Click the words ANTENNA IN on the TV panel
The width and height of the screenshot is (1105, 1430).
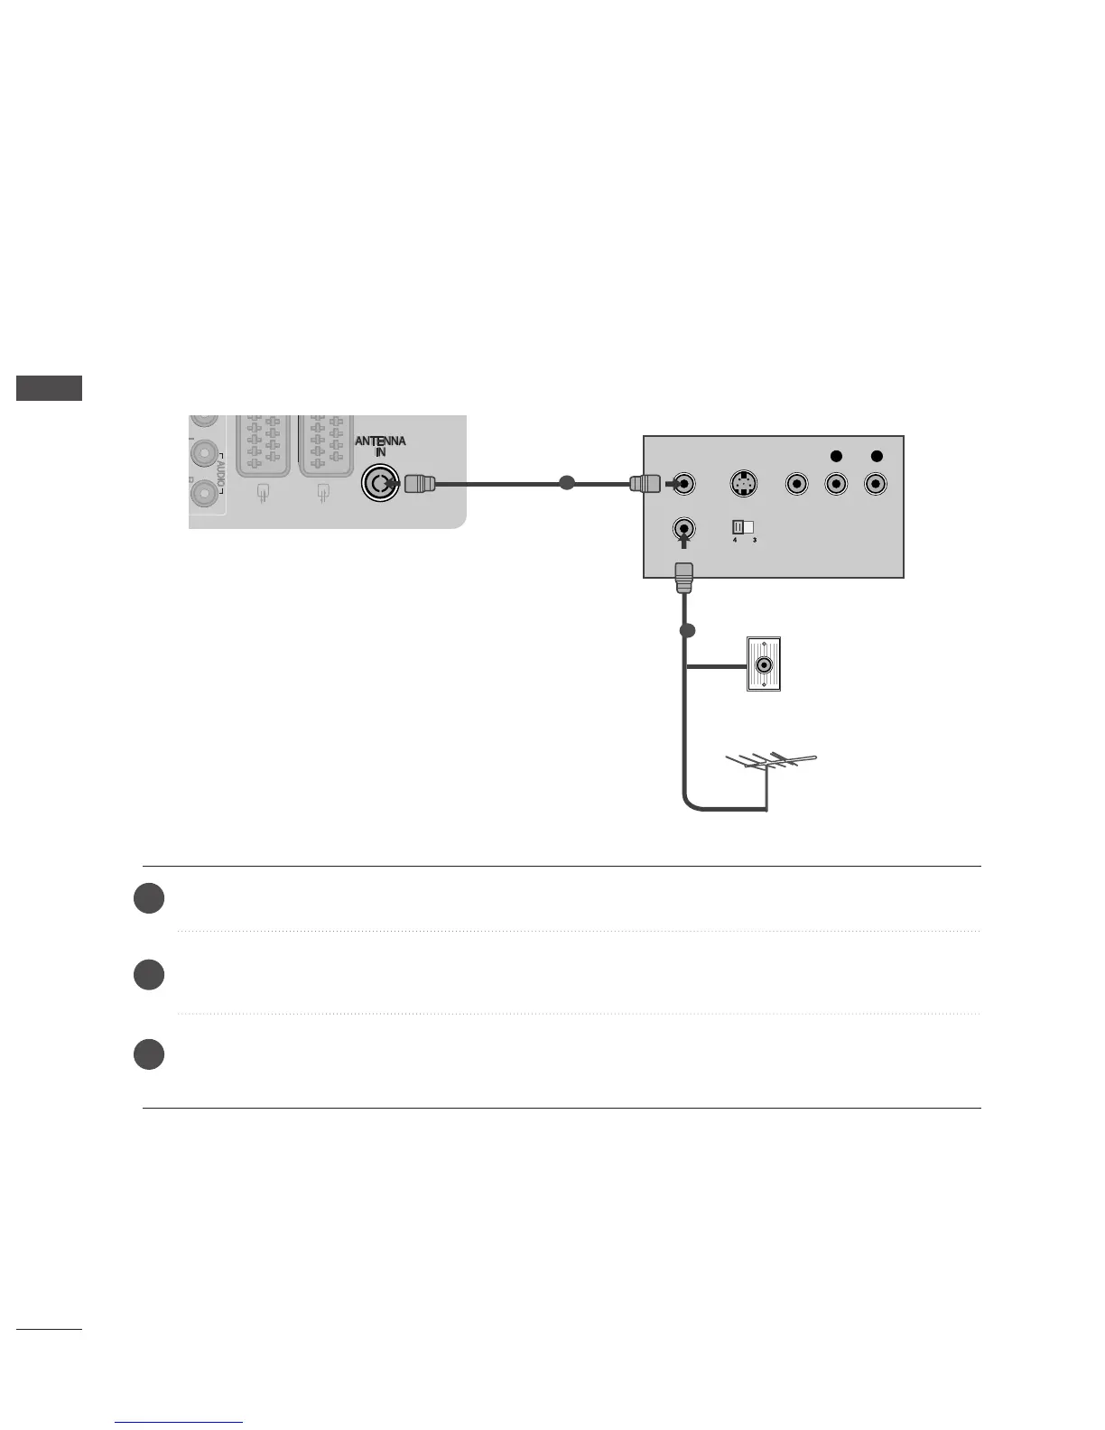click(380, 446)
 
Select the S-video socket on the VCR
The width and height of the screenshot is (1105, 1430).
click(742, 484)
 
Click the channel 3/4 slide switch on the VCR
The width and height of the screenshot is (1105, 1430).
click(742, 526)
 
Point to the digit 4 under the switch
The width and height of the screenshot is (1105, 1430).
click(735, 540)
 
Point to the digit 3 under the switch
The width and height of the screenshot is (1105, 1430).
click(754, 540)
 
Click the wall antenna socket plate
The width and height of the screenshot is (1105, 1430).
click(764, 664)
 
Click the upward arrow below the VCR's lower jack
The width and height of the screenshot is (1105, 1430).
click(684, 540)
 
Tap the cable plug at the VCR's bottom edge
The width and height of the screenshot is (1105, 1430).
click(683, 577)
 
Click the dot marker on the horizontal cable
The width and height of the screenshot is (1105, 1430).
click(567, 483)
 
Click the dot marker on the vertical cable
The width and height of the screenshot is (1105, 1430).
click(687, 630)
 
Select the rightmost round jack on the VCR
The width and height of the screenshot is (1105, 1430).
click(875, 484)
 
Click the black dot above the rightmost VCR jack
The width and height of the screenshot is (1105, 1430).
click(876, 457)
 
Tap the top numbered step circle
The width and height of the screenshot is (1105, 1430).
click(149, 898)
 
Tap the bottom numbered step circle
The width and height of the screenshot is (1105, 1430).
click(149, 1054)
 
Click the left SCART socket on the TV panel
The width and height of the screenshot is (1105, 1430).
click(263, 444)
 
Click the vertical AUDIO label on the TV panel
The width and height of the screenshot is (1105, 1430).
click(219, 472)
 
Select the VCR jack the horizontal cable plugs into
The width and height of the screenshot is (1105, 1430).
click(685, 484)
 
